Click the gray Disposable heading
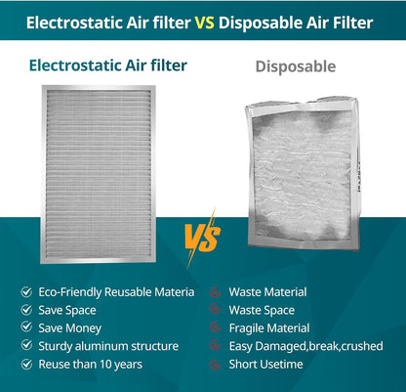[x=295, y=67]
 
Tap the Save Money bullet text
[x=70, y=327]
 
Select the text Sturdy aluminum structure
[x=108, y=346]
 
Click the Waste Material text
[x=267, y=291]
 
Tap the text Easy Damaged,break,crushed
[x=305, y=346]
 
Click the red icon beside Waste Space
[x=216, y=310]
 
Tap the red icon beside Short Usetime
[x=216, y=364]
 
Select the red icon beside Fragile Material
[x=216, y=327]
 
